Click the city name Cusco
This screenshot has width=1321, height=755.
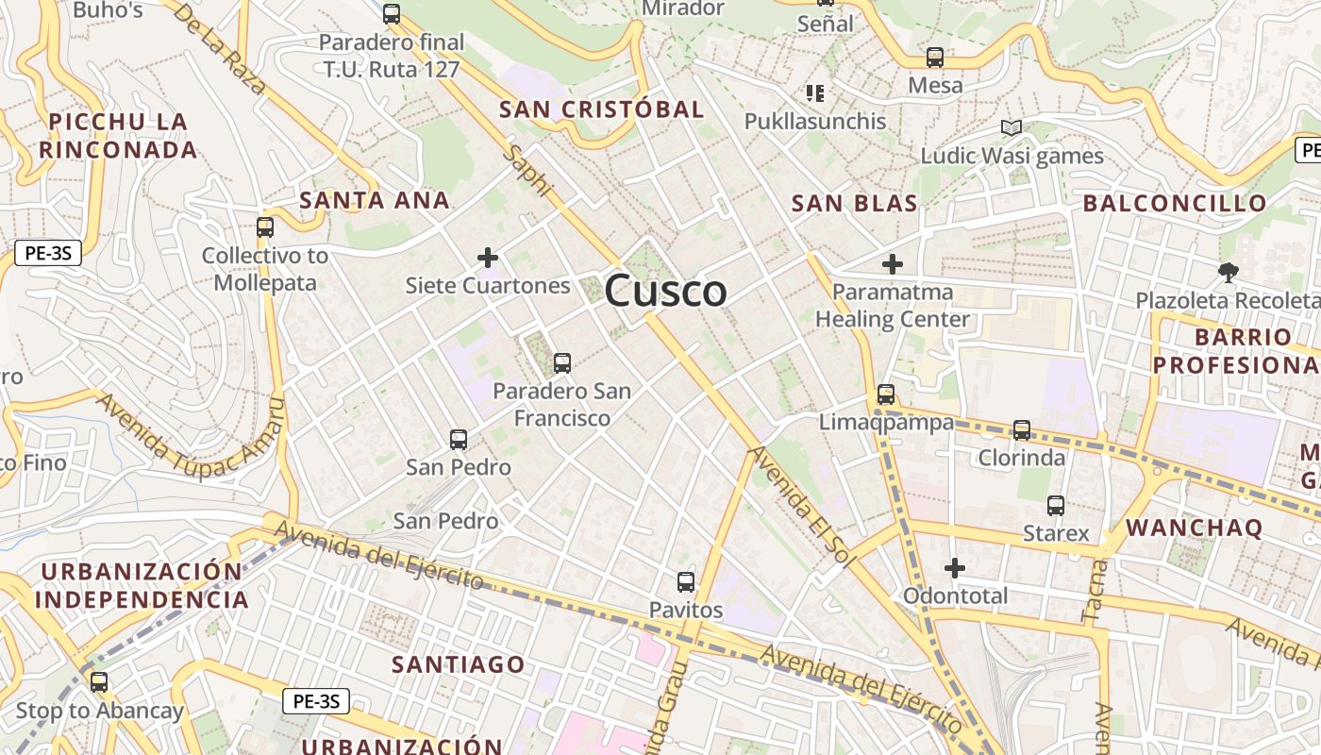[665, 291]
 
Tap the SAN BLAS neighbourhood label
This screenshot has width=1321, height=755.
[854, 203]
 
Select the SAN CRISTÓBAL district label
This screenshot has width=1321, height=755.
[602, 109]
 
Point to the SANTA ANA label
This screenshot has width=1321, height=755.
[374, 200]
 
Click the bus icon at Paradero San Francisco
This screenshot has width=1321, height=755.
[562, 362]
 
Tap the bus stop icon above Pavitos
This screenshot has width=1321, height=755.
[686, 581]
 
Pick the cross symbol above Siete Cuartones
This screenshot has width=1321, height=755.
[488, 257]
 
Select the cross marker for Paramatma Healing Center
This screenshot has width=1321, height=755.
[892, 264]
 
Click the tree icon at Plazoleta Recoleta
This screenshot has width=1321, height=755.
[1228, 273]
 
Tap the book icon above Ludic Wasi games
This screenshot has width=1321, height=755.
[1012, 127]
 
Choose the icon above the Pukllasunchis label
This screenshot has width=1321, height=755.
[815, 92]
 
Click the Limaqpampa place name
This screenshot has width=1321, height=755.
[886, 422]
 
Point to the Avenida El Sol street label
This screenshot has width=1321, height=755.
[801, 507]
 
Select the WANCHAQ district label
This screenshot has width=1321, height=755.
[1194, 528]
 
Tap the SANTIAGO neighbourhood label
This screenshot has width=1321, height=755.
[459, 664]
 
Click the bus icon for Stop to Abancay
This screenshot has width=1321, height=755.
[99, 682]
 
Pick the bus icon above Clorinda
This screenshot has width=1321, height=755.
[1022, 430]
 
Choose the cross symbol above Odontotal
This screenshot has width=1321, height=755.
[955, 568]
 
